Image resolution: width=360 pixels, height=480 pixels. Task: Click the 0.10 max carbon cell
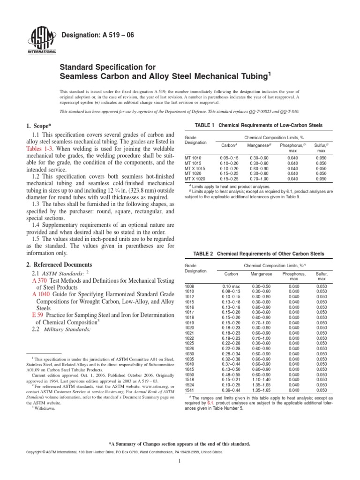(x=231, y=285)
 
